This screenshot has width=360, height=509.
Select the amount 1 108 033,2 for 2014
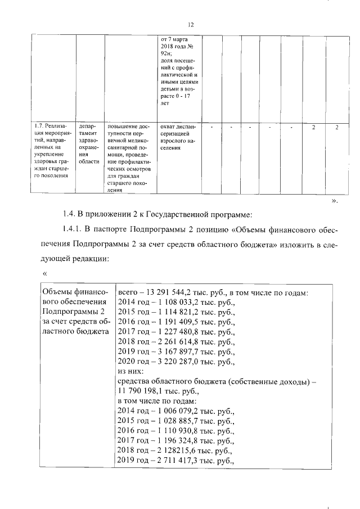(x=175, y=303)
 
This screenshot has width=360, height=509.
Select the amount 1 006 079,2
(x=175, y=412)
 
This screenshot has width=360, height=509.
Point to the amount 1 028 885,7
(x=175, y=421)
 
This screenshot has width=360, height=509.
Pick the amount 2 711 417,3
(x=175, y=461)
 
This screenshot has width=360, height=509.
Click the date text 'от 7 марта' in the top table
(x=175, y=39)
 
